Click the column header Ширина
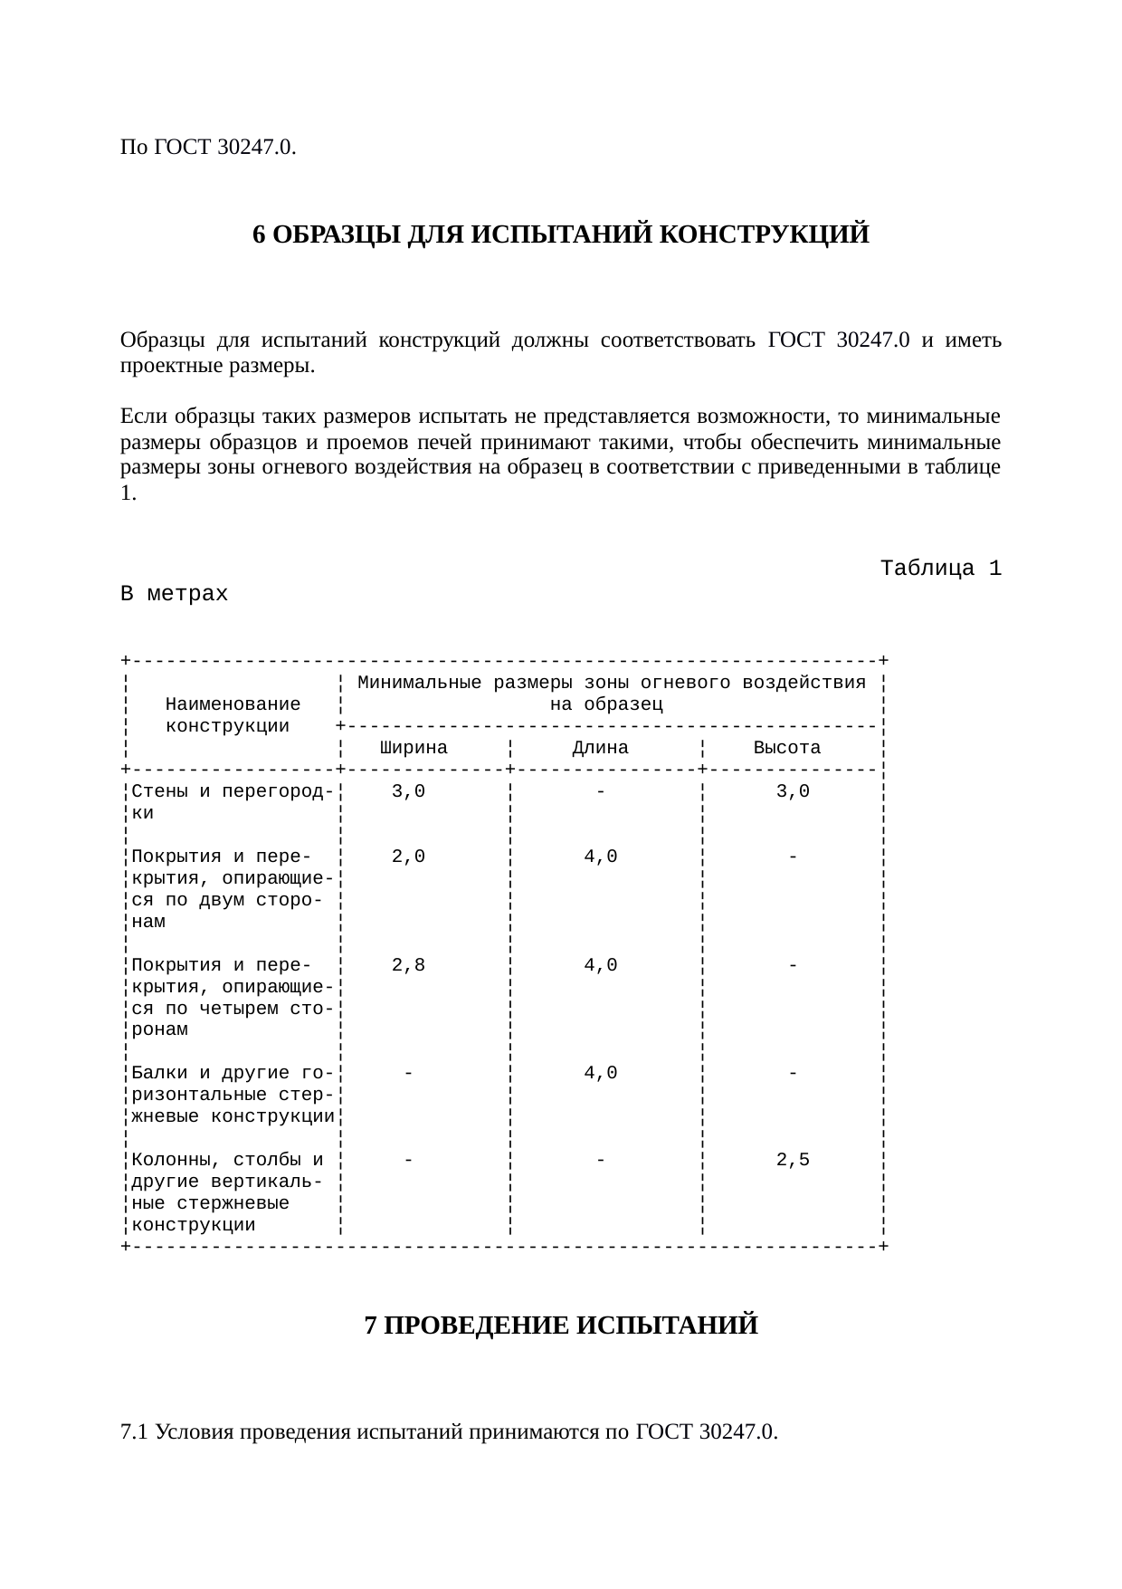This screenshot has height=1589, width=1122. [414, 748]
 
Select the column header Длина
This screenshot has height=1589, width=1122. [600, 748]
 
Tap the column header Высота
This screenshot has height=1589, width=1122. [787, 748]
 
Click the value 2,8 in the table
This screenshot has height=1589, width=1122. [408, 965]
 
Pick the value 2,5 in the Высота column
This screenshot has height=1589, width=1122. [793, 1160]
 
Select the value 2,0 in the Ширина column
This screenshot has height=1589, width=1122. [408, 857]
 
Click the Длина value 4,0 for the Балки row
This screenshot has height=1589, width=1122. [601, 1073]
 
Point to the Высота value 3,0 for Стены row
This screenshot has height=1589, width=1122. [793, 791]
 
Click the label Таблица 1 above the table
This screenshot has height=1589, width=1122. [940, 569]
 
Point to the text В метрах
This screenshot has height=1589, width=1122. [174, 594]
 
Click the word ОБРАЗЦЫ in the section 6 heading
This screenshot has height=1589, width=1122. [336, 235]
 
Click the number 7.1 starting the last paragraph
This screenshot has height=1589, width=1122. [134, 1432]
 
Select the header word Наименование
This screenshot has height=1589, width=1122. [233, 704]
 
